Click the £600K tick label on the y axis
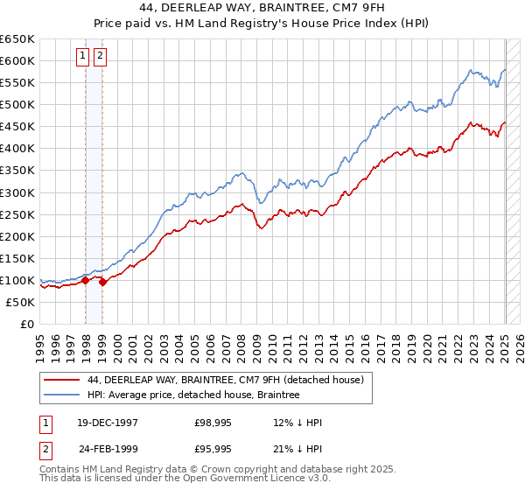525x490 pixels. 17,60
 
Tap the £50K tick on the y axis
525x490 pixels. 20,302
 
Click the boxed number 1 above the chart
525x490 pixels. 82,57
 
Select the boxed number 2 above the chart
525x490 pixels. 99,57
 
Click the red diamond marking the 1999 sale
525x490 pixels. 103,282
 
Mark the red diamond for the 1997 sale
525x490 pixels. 86,280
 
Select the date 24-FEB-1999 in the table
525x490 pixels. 109,449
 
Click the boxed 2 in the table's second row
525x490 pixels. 44,449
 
